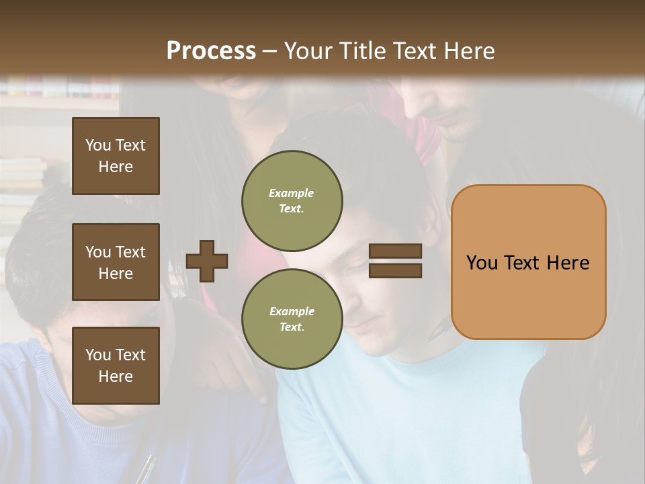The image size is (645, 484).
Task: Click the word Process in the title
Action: (x=211, y=50)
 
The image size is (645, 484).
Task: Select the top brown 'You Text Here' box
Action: (x=116, y=156)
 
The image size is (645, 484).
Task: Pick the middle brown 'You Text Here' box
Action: (x=116, y=262)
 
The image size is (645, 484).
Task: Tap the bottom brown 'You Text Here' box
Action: (x=116, y=365)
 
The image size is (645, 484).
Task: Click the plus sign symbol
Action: (x=207, y=261)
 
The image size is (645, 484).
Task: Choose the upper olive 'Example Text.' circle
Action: (x=292, y=201)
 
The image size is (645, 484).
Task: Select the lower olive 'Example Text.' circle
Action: (x=292, y=319)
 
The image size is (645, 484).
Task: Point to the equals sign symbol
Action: (x=396, y=261)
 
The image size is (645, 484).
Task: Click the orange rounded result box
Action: (x=528, y=262)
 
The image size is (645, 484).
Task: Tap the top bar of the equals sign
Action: (x=396, y=251)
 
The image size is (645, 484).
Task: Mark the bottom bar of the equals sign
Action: (x=396, y=271)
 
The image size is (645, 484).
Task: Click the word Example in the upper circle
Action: (x=292, y=194)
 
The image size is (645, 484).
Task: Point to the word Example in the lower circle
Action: (x=292, y=311)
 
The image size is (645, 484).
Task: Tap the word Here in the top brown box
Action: (x=116, y=167)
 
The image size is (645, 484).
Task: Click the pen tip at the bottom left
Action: (x=146, y=471)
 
